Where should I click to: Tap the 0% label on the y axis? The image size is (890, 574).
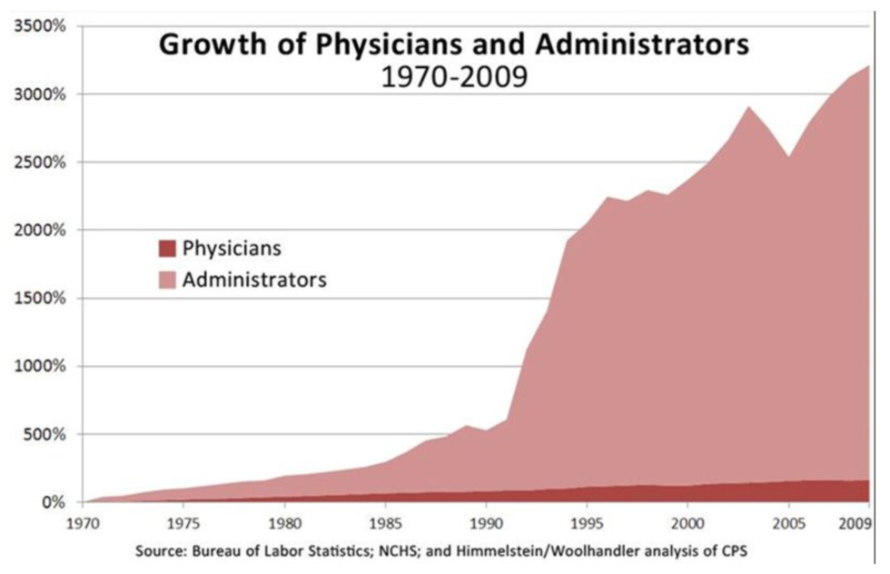pyautogui.click(x=53, y=502)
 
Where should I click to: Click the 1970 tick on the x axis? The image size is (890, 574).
pyautogui.click(x=82, y=523)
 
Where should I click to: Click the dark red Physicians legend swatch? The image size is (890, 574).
pyautogui.click(x=165, y=248)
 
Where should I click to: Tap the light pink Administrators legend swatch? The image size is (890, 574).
pyautogui.click(x=165, y=280)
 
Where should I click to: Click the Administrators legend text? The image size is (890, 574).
pyautogui.click(x=254, y=280)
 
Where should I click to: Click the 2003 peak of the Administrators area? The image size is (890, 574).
pyautogui.click(x=748, y=107)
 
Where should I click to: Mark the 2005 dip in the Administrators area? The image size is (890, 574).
pyautogui.click(x=789, y=157)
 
